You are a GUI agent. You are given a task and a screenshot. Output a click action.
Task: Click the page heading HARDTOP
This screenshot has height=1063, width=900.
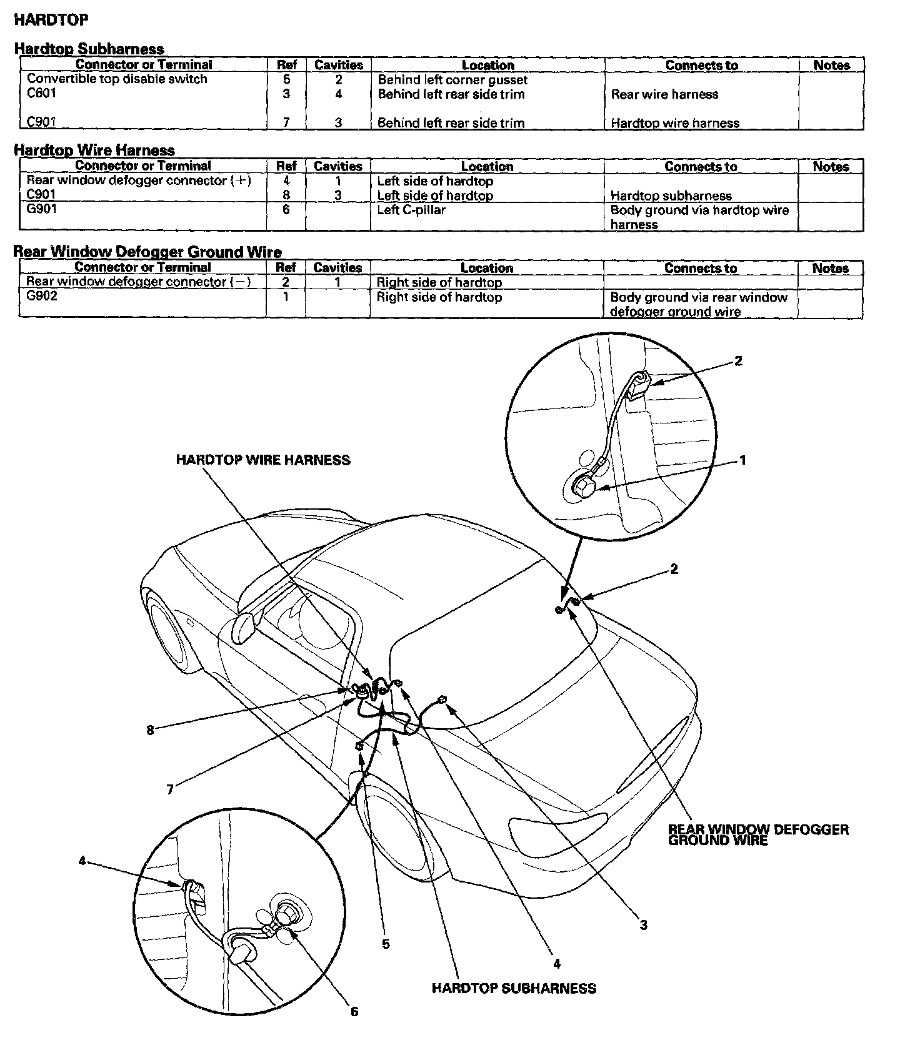(51, 20)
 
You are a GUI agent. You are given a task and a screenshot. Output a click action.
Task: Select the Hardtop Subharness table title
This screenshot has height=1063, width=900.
(89, 49)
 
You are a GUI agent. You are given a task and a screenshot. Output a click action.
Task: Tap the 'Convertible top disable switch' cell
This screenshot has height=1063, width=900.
(117, 79)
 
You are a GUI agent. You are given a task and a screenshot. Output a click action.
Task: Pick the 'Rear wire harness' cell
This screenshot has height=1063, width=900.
(664, 94)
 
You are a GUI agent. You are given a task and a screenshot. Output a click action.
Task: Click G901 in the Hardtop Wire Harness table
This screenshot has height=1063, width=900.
(42, 209)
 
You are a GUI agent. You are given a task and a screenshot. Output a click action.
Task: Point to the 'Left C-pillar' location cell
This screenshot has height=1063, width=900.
(411, 210)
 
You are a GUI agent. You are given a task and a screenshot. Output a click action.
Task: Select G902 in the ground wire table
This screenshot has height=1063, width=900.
(42, 296)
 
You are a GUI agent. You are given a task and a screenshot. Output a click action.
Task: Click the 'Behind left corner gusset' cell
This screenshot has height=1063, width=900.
(452, 80)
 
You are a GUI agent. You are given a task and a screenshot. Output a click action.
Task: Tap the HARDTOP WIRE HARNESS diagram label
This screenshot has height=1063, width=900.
(263, 460)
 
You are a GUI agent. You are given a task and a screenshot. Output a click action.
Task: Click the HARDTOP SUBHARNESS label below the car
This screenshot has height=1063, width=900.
(514, 989)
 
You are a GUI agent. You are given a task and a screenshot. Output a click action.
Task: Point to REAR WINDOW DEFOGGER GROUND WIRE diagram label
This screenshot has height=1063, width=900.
(758, 835)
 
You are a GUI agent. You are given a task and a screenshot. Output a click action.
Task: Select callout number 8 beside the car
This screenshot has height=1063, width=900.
(150, 729)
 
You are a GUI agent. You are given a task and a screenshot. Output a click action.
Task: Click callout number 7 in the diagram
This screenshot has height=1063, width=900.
(169, 789)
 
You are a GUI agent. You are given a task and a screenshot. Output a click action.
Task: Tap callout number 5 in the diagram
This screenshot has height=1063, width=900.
(386, 944)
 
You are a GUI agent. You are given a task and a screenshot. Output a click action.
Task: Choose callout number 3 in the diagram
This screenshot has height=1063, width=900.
(643, 925)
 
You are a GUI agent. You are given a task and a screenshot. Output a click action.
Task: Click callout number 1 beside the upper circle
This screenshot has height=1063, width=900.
(742, 461)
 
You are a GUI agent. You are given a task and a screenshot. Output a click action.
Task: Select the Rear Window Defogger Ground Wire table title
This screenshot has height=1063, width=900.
(147, 252)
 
